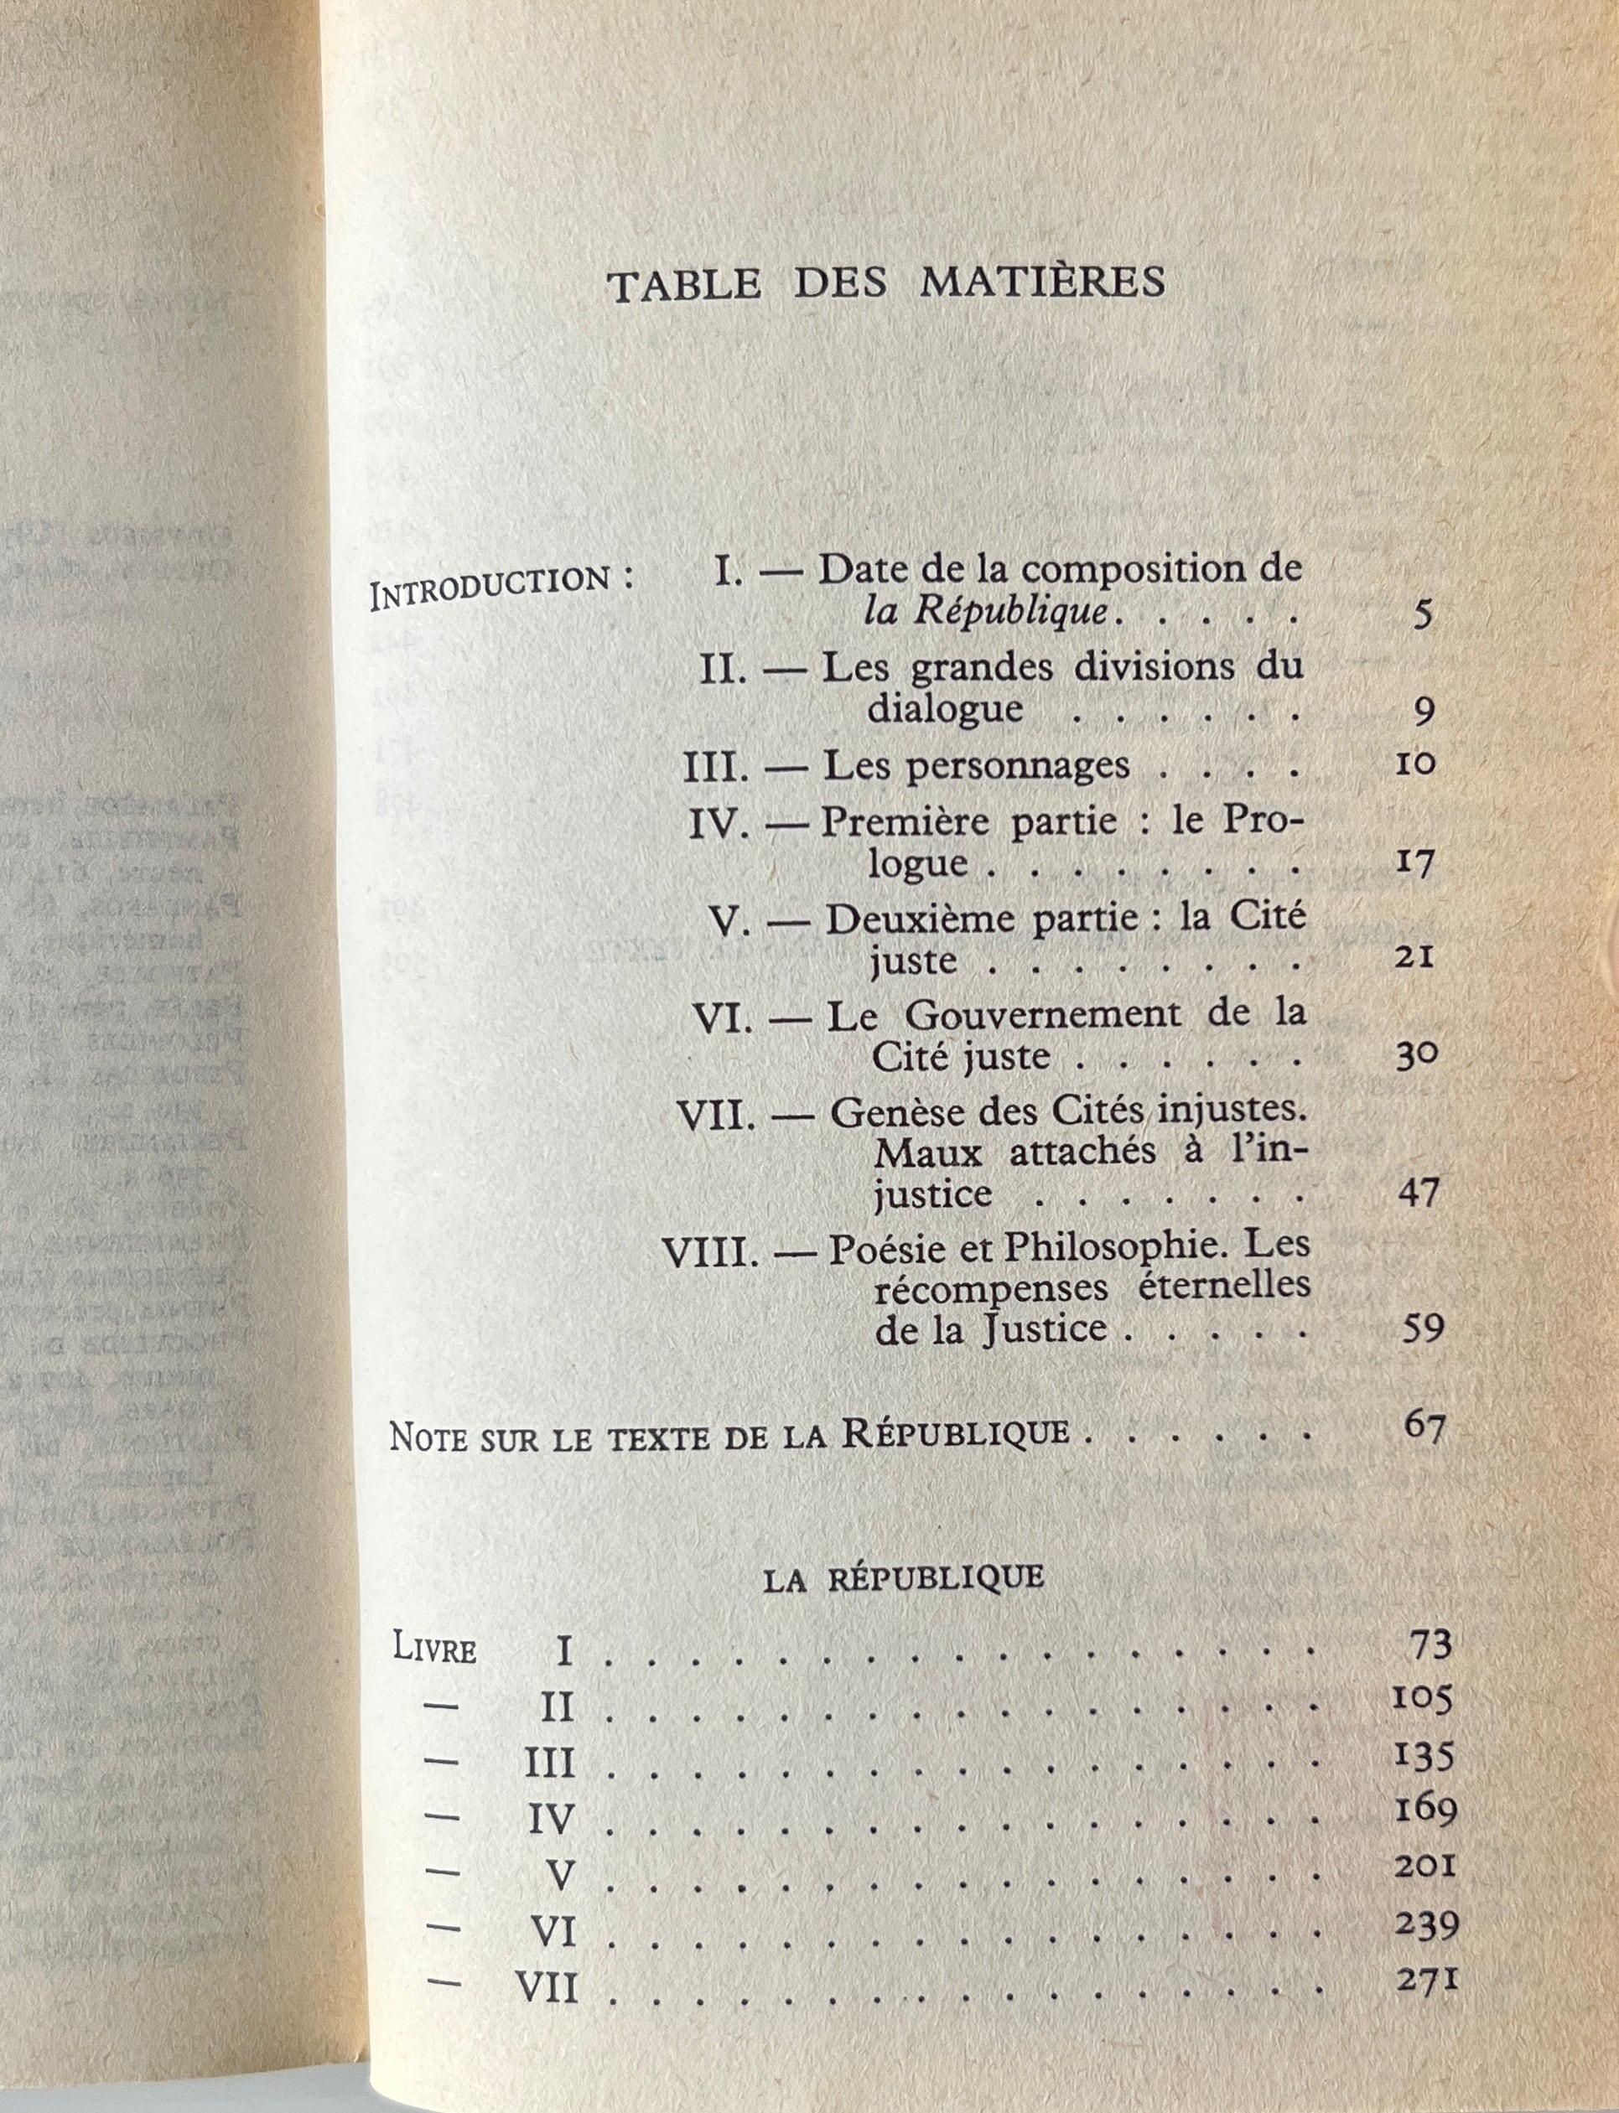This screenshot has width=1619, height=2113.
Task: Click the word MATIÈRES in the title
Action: (1043, 282)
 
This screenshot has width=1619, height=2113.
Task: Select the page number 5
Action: (1424, 614)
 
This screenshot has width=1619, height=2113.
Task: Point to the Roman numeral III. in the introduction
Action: (715, 766)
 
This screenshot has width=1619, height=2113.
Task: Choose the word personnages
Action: (975, 765)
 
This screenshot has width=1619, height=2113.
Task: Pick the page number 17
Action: (1415, 862)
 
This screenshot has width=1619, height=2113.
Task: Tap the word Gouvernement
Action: (1043, 1013)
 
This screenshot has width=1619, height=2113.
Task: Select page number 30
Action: (1417, 1055)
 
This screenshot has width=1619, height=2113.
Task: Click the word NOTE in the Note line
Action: (428, 1437)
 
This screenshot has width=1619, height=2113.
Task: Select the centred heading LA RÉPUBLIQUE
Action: (903, 1578)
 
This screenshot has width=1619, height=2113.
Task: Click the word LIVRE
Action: (434, 1649)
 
